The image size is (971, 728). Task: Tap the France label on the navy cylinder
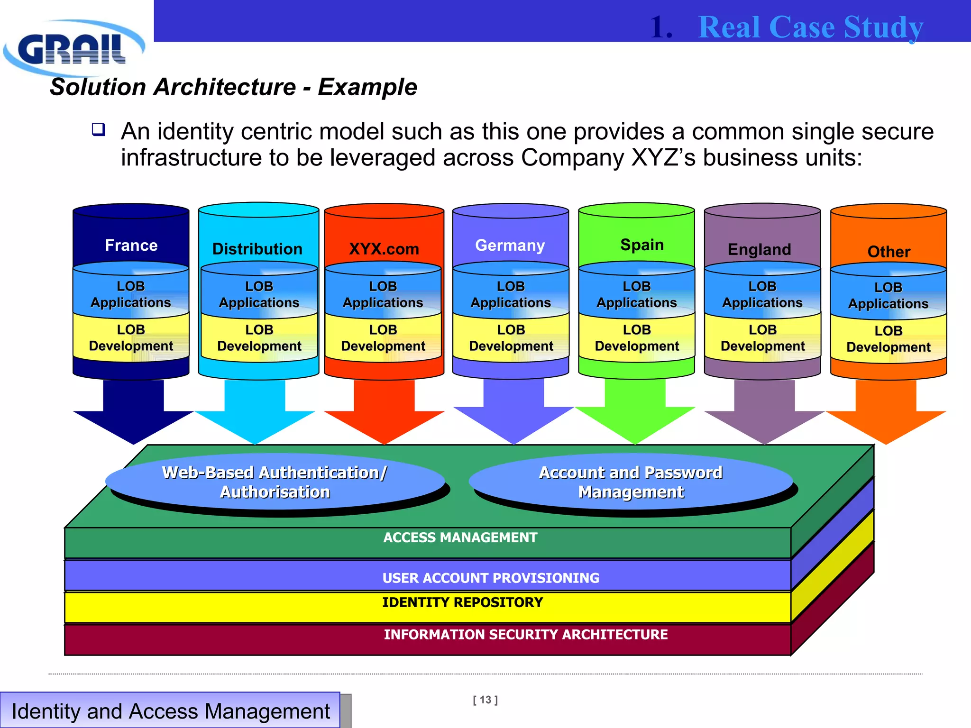click(131, 245)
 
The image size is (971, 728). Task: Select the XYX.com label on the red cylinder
click(384, 249)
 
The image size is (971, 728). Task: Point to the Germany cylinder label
click(510, 245)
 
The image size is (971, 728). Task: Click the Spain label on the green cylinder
click(642, 245)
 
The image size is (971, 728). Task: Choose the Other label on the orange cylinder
click(889, 252)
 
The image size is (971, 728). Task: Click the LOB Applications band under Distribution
click(259, 294)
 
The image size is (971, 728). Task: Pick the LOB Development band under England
click(762, 338)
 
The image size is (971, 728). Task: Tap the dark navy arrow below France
click(133, 412)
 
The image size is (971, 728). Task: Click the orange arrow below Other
click(886, 412)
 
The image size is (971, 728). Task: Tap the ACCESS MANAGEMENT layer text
click(460, 537)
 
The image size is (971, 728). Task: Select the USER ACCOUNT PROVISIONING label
click(491, 578)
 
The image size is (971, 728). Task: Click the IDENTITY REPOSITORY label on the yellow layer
click(462, 602)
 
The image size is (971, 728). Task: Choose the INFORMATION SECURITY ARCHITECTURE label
click(525, 635)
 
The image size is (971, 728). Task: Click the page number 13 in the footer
click(485, 700)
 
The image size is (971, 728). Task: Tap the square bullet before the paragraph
click(99, 129)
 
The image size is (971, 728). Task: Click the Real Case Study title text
click(811, 27)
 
